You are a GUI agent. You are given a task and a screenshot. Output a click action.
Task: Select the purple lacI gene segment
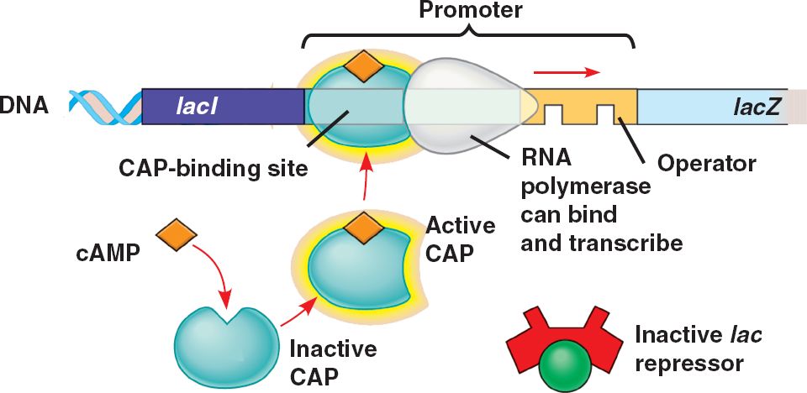tap(223, 107)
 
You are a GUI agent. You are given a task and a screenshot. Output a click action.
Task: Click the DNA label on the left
tap(24, 107)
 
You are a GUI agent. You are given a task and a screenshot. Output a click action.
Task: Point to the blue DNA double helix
tap(105, 107)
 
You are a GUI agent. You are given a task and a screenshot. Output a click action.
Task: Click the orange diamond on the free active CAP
tap(363, 228)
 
